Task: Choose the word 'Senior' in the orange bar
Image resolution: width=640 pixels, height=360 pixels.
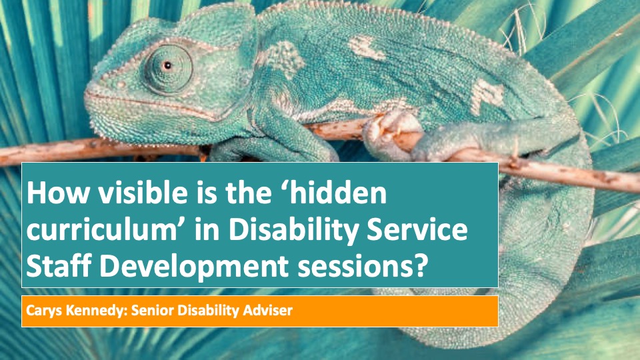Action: pos(153,310)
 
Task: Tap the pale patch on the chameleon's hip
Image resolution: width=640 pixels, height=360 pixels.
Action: pos(487,96)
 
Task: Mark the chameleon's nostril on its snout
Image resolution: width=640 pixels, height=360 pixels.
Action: pos(121,85)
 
